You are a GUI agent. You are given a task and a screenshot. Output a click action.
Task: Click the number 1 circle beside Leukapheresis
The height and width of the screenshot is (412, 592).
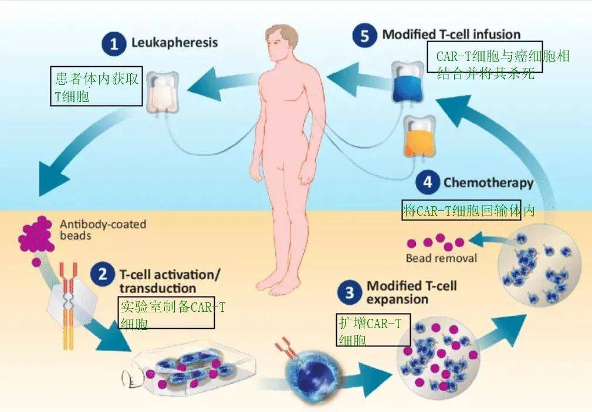(114, 44)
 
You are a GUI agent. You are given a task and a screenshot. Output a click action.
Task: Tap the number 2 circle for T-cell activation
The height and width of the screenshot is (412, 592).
(103, 274)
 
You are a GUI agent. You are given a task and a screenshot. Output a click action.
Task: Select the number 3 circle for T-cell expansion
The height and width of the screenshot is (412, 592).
(350, 292)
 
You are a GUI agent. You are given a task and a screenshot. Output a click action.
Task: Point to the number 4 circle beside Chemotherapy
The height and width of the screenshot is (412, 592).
(428, 182)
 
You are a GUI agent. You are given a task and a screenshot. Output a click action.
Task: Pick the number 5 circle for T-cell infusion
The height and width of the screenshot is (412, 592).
(365, 36)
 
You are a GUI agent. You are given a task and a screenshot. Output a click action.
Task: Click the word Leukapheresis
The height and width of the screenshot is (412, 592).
(174, 42)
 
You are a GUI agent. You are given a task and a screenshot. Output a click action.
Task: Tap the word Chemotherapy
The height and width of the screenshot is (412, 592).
(488, 183)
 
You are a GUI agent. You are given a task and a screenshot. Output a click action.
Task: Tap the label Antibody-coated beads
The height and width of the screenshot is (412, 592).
(103, 230)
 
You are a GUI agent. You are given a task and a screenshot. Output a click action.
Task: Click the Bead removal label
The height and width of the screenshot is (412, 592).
(441, 258)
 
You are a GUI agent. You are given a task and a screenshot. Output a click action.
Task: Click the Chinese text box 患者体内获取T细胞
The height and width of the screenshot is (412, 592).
(96, 86)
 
